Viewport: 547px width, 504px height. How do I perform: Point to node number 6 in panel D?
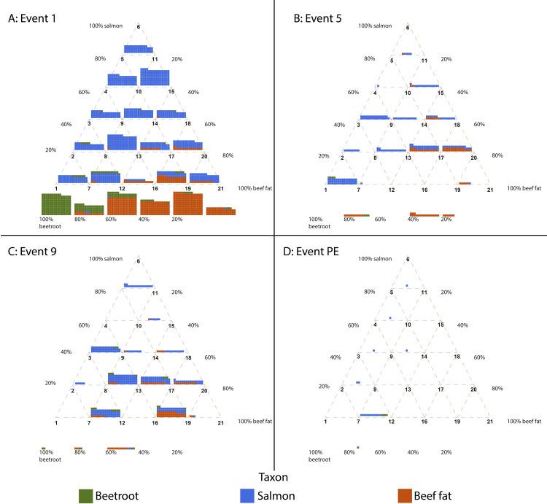point(407,260)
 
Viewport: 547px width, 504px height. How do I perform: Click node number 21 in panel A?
point(221,189)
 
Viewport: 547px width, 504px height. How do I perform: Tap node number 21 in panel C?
point(221,422)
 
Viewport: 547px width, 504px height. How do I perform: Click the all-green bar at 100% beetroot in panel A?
point(55,204)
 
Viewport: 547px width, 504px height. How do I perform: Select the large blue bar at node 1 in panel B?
point(343,180)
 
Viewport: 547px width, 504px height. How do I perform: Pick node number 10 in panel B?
point(408,93)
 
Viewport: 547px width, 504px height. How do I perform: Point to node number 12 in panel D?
point(391,422)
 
